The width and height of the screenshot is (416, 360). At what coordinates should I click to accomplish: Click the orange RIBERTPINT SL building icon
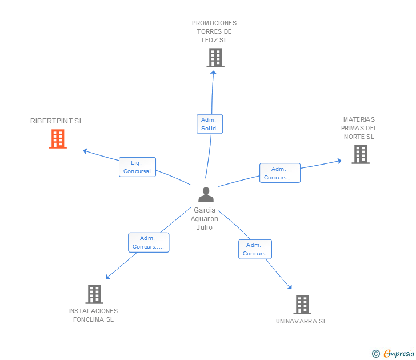coord(58,139)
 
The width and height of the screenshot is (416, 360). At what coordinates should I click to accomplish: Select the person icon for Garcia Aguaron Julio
coord(206,194)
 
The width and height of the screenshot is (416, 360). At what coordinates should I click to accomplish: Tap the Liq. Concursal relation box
coord(137,167)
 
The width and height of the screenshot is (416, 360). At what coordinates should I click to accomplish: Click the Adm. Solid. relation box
coord(210,124)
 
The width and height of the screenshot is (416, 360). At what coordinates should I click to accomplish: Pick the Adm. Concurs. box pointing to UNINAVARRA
coord(255,249)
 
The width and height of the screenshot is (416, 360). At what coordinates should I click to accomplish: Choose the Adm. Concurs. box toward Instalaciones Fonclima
coord(149,242)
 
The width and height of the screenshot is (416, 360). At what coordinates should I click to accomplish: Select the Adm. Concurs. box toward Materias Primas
coord(280,173)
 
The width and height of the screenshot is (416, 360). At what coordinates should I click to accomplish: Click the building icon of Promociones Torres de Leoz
coord(215,58)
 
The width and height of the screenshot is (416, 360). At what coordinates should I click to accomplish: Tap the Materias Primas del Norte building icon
coord(361,154)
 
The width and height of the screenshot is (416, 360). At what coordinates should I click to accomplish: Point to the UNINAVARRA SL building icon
coord(302,305)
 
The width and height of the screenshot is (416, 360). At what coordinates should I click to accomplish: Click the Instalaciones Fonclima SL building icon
coord(94,294)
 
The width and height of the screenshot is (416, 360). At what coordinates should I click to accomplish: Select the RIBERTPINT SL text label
coord(57,121)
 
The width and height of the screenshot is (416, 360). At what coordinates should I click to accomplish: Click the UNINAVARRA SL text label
coord(301,321)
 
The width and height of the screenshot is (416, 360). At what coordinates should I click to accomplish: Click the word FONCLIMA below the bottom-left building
coord(89,319)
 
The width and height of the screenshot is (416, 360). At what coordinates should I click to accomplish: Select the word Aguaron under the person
coord(205,219)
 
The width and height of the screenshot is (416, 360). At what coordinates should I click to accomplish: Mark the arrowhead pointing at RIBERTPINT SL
coord(85,151)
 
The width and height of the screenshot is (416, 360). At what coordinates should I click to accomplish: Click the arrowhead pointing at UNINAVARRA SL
coord(290,287)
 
